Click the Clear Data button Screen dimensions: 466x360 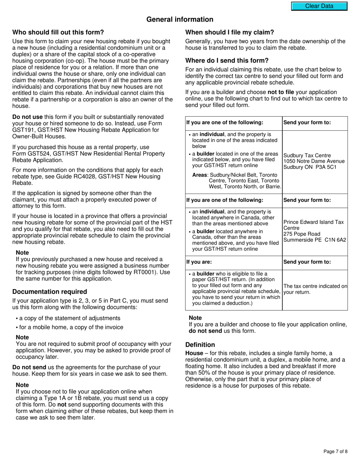pyautogui.click(x=319, y=6)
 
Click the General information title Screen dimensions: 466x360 pyautogui.click(x=180, y=19)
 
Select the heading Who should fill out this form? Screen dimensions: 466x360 pyautogui.click(x=58, y=32)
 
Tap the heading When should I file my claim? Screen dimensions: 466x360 pyautogui.click(x=230, y=32)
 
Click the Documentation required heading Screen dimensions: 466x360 pyautogui.click(x=50, y=292)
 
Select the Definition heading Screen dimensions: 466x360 pyautogui.click(x=200, y=345)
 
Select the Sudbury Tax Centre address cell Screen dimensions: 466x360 pyautogui.click(x=315, y=161)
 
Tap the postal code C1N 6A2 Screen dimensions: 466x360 pyautogui.click(x=335, y=240)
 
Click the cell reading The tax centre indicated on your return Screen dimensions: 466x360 pyautogui.click(x=315, y=289)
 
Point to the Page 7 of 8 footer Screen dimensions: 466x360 pyautogui.click(x=335, y=451)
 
